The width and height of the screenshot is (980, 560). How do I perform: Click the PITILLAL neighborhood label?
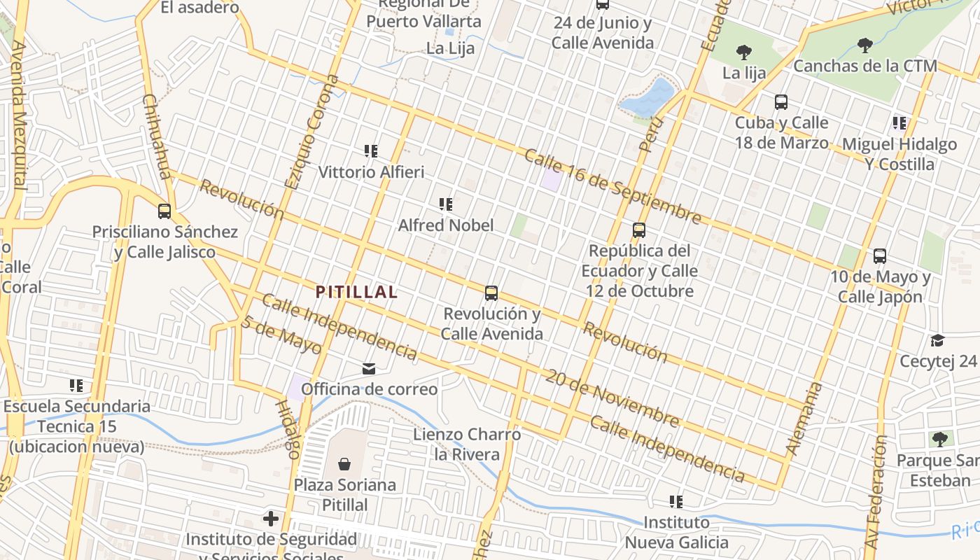(356, 292)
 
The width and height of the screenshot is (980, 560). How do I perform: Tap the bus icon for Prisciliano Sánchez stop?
(164, 211)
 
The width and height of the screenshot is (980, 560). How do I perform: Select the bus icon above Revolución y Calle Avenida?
(491, 293)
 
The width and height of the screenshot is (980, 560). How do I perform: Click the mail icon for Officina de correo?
(368, 368)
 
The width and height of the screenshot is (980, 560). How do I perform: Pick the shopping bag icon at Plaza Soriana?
(344, 463)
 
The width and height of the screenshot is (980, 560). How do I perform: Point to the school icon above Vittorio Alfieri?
(371, 150)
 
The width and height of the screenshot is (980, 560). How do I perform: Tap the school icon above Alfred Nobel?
(445, 204)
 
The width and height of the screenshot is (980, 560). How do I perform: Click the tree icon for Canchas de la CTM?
(865, 45)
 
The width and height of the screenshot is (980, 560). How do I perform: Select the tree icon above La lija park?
(743, 52)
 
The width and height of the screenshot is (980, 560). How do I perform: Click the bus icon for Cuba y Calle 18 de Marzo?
(781, 102)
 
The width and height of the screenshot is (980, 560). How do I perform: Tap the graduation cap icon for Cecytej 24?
(937, 340)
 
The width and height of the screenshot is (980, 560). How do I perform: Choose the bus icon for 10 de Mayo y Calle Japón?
(880, 256)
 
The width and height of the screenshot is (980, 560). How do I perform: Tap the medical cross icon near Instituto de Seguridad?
(270, 519)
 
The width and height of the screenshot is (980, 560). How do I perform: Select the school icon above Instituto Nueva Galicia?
(675, 501)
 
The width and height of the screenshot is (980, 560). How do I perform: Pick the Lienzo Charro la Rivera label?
(467, 444)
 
